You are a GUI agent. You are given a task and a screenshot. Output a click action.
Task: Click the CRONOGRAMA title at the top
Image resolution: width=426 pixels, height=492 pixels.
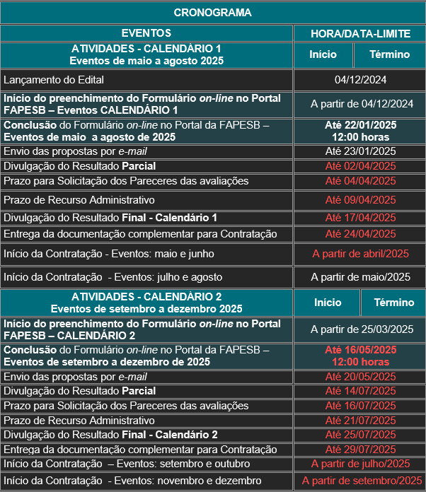pos(212,13)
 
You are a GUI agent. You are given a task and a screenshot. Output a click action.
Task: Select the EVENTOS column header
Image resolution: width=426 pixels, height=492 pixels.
pos(146,33)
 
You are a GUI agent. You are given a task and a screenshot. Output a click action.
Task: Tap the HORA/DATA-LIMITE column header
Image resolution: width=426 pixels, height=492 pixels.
pos(359,33)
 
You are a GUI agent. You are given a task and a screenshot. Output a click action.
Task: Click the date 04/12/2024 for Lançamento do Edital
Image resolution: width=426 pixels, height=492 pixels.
pos(360,80)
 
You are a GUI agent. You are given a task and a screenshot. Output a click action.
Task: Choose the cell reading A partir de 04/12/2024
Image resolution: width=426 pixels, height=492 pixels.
pos(362,104)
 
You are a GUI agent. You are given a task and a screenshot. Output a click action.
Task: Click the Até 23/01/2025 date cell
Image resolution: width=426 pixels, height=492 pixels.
pos(360,151)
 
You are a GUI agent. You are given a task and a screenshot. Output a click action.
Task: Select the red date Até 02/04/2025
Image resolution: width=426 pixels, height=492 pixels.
pos(360,166)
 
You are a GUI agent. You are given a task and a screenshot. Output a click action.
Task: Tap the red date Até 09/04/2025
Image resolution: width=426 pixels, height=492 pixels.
pos(360,199)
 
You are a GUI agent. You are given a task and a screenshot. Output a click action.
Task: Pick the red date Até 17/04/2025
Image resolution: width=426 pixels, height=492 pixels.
pos(360,217)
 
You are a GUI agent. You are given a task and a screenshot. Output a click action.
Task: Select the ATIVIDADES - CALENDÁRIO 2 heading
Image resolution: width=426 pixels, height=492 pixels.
pos(146,297)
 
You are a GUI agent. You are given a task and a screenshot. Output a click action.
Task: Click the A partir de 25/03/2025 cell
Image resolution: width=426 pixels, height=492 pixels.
pos(362,329)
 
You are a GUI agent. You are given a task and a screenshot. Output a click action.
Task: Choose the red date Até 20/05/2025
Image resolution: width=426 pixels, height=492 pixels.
pos(360,377)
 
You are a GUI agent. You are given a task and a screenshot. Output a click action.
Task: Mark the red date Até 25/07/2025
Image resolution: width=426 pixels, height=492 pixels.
pos(360,434)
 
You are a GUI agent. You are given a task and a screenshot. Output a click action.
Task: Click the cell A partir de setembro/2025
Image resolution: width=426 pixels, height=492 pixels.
pos(362,481)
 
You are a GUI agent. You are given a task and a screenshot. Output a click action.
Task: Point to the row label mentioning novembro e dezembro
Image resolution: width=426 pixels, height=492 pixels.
pos(132,481)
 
